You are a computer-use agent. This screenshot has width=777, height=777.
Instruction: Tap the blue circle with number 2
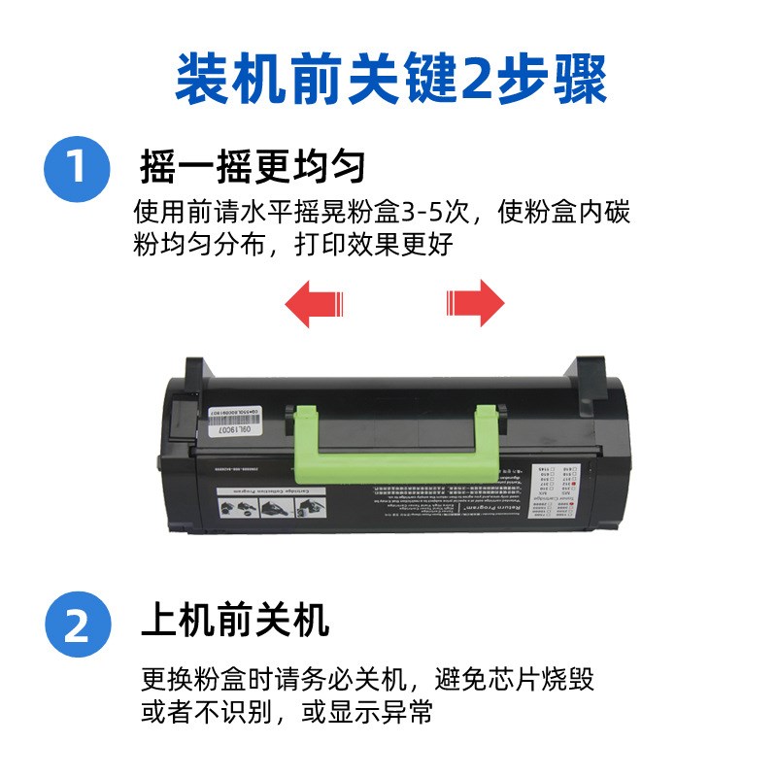(x=76, y=625)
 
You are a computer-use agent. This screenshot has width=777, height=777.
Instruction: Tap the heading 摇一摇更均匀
(x=253, y=166)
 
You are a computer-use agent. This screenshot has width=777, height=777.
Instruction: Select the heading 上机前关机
(x=234, y=619)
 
